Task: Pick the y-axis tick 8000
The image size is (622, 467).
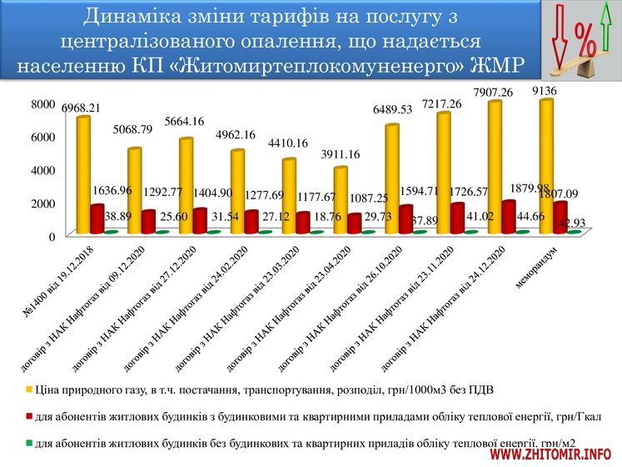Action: click(43, 103)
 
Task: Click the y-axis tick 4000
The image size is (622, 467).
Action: click(43, 170)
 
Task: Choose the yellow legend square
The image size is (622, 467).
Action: click(27, 388)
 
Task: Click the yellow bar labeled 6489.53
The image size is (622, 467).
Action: click(392, 179)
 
